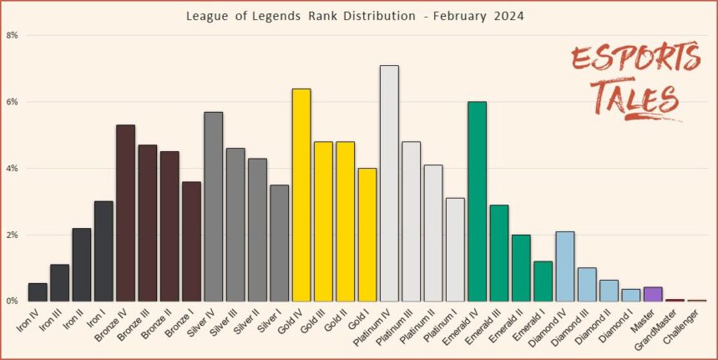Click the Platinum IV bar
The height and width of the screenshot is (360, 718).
[389, 184]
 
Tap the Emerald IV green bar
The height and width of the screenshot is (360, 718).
[477, 201]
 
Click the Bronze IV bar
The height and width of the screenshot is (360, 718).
[125, 213]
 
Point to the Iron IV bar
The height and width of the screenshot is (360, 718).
[38, 292]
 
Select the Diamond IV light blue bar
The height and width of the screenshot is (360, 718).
[564, 266]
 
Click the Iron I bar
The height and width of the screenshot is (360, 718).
[104, 251]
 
